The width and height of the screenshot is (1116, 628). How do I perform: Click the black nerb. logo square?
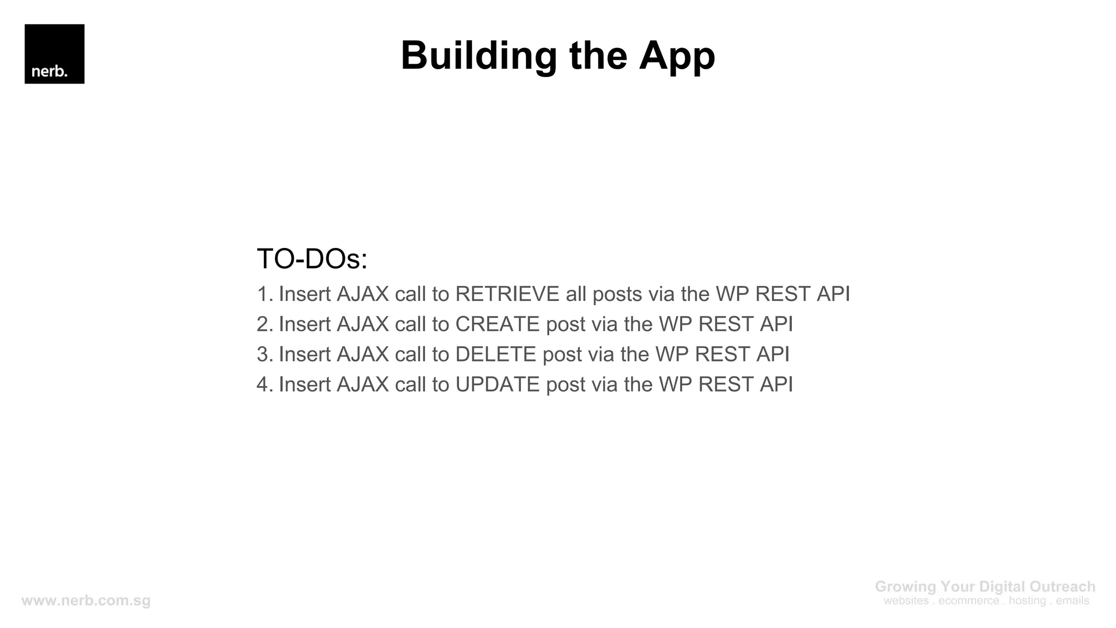pyautogui.click(x=54, y=53)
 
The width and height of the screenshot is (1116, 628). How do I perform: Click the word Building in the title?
pyautogui.click(x=478, y=56)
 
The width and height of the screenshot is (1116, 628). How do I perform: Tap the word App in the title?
pyautogui.click(x=677, y=56)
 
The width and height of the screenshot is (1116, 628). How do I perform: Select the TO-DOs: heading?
pyautogui.click(x=312, y=258)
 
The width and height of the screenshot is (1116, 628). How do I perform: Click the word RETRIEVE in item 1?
pyautogui.click(x=507, y=294)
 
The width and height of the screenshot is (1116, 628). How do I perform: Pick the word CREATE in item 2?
pyautogui.click(x=498, y=324)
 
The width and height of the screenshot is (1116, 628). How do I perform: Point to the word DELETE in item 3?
pyautogui.click(x=496, y=354)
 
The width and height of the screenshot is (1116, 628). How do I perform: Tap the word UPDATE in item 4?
pyautogui.click(x=498, y=384)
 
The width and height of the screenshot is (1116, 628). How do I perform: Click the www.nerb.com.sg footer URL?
pyautogui.click(x=86, y=601)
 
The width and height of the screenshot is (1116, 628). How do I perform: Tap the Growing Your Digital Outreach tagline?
pyautogui.click(x=985, y=587)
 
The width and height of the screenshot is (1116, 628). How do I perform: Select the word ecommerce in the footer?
pyautogui.click(x=969, y=601)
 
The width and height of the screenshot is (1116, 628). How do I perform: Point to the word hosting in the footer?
pyautogui.click(x=1027, y=601)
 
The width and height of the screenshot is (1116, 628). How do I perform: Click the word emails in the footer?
pyautogui.click(x=1072, y=601)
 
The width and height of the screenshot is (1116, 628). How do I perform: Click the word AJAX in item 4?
pyautogui.click(x=363, y=384)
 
